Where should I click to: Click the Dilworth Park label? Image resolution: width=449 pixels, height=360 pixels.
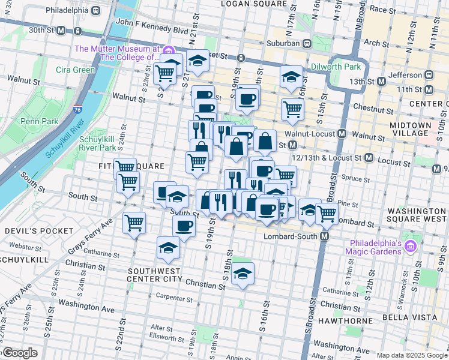coord(336,67)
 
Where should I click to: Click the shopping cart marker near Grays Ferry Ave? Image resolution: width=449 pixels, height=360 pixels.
coord(134,223)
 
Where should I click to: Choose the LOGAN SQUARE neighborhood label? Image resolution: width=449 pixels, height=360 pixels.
coord(247,4)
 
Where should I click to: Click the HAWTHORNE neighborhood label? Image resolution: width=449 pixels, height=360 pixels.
coord(344,321)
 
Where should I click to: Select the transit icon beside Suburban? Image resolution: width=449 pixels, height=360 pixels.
coord(307,43)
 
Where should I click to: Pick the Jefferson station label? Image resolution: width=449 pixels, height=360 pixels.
coord(406,75)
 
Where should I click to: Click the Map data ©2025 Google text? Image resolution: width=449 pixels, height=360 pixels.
coord(412,355)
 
